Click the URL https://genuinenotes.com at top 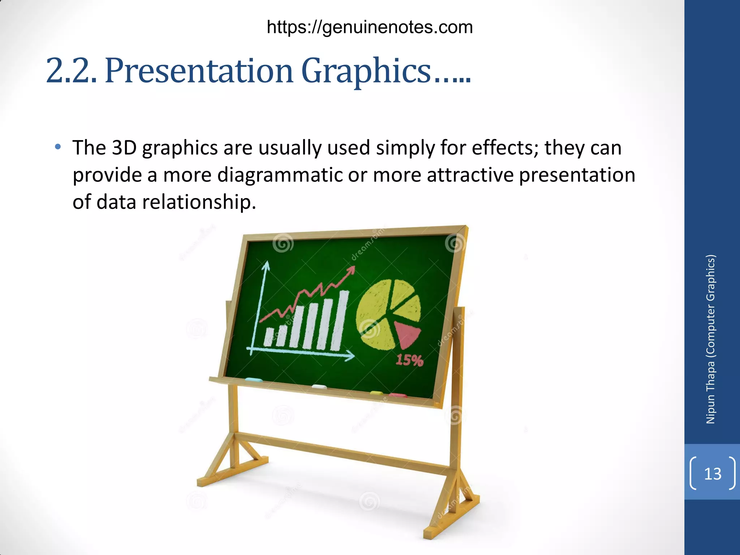[370, 27]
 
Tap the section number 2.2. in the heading [71, 70]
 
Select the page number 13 [713, 474]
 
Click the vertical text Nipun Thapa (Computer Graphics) [710, 339]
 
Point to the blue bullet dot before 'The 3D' [58, 147]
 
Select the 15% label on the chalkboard [409, 360]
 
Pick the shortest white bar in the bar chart [268, 337]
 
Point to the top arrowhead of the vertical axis [266, 266]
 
